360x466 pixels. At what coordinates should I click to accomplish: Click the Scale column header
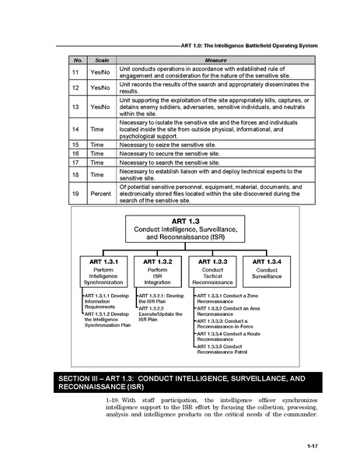(100, 60)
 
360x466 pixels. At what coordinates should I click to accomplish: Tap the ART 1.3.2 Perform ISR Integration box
(158, 272)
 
